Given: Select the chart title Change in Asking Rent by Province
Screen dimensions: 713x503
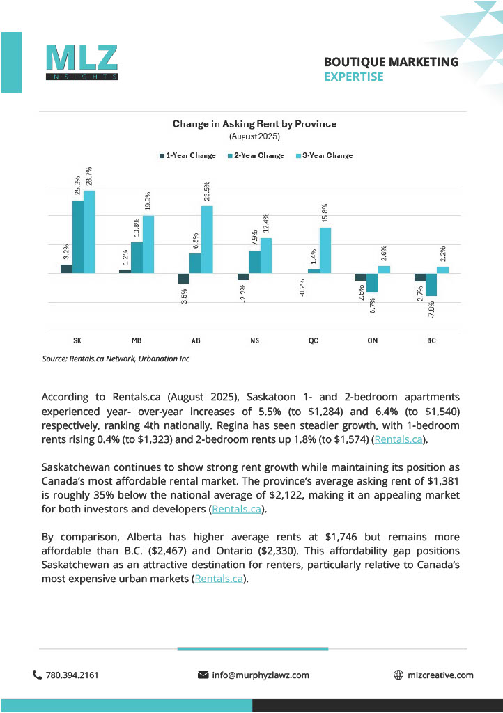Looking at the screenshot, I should (x=254, y=124).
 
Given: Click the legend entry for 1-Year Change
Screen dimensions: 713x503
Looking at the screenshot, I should (x=187, y=155).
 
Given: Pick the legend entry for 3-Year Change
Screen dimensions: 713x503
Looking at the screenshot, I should (x=325, y=155).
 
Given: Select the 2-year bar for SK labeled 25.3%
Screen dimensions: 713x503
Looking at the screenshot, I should (x=78, y=237).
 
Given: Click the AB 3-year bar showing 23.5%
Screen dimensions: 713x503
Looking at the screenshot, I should (x=207, y=239).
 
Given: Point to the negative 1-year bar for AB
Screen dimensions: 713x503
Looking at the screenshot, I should (x=184, y=279).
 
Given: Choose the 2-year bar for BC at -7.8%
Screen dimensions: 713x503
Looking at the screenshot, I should (x=432, y=284).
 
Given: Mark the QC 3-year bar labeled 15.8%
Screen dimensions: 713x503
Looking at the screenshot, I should (x=325, y=250).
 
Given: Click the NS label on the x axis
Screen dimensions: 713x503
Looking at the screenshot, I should (x=254, y=340).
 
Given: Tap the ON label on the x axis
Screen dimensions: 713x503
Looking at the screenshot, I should (x=373, y=340).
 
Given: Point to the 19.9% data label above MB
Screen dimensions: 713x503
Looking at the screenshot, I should (x=148, y=202).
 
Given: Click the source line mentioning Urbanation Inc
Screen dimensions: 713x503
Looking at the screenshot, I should (x=116, y=359).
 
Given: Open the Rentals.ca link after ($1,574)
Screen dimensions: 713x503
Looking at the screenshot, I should (x=398, y=439).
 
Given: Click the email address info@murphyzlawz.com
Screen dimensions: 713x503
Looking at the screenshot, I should (x=260, y=675).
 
